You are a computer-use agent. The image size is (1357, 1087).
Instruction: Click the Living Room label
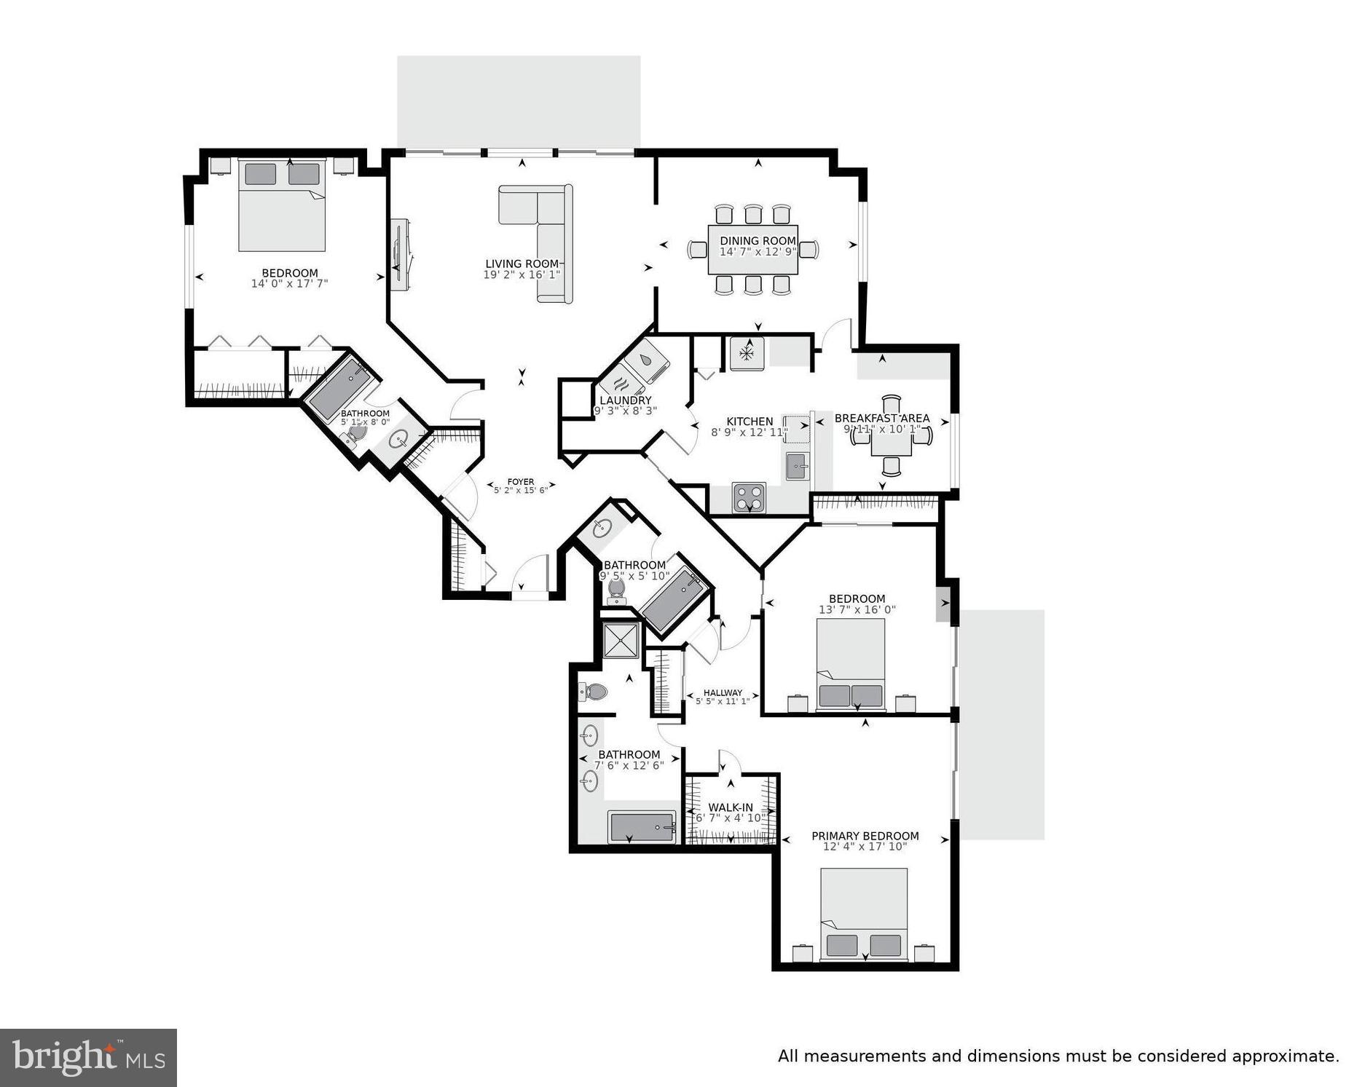(522, 264)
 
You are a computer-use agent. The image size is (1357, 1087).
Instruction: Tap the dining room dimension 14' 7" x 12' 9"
(758, 252)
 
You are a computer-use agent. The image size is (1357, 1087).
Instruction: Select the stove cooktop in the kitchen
(749, 497)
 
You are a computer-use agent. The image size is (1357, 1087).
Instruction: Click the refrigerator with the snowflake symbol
(747, 354)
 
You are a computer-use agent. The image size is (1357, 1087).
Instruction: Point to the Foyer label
(520, 482)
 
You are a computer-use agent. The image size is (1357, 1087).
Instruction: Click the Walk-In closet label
(731, 807)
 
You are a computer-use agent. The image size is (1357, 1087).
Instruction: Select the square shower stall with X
(621, 640)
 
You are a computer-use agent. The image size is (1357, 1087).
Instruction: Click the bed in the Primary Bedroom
(864, 914)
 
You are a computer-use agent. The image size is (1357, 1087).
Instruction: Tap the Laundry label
(625, 400)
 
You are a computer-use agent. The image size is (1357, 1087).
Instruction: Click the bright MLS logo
(88, 1057)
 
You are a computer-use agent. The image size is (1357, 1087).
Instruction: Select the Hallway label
(723, 693)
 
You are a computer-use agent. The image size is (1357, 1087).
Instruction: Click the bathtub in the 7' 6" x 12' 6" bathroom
(642, 827)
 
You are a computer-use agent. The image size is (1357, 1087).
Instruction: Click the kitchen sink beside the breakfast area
(796, 465)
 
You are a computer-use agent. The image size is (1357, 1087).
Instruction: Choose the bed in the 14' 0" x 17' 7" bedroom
(282, 206)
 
